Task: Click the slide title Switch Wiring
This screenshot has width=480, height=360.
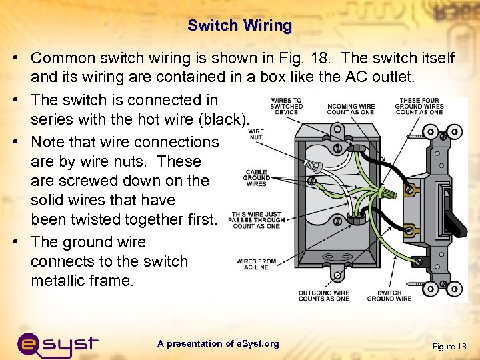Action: pyautogui.click(x=240, y=26)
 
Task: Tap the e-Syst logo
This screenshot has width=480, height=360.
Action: pyautogui.click(x=57, y=345)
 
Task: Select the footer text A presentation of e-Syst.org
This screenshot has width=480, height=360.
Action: pyautogui.click(x=218, y=343)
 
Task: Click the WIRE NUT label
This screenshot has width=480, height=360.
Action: pyautogui.click(x=256, y=133)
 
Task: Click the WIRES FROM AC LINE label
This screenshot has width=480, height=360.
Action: pyautogui.click(x=256, y=263)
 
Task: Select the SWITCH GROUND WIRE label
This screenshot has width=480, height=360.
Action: pyautogui.click(x=389, y=295)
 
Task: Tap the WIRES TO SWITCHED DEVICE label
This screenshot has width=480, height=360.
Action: pyautogui.click(x=286, y=106)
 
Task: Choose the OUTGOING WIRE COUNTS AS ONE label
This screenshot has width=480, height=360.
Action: pyautogui.click(x=323, y=295)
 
